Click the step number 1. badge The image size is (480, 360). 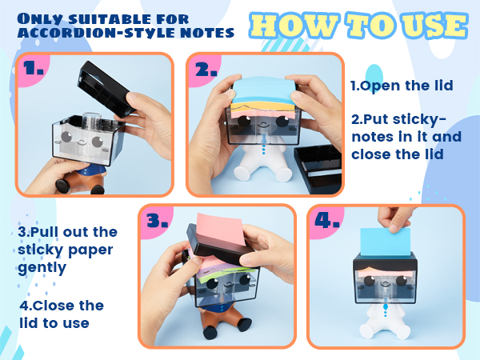coord(33,68)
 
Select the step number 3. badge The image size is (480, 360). coord(157,221)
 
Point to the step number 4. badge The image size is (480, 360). coord(327,221)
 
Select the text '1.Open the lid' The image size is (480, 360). coord(402,86)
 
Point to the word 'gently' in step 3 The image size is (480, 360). coord(42,269)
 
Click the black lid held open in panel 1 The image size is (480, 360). coord(106,89)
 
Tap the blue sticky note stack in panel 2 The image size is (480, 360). coord(264,90)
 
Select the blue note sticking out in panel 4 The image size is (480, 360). coord(386,242)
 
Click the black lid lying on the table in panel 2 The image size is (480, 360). coord(318,169)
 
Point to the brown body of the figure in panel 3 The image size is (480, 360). coord(226,319)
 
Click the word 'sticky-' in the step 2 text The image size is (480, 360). coord(419,120)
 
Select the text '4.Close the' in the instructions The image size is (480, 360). coord(62,306)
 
